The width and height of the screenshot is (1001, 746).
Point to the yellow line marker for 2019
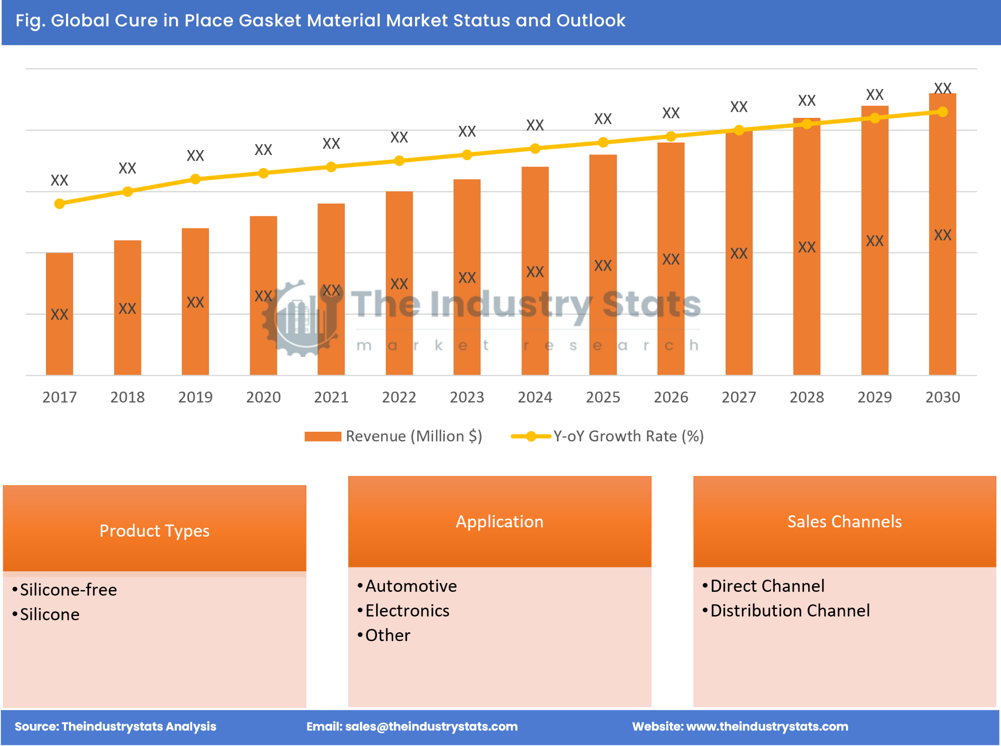click(x=195, y=179)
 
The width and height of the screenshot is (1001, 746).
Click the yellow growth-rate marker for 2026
click(x=670, y=136)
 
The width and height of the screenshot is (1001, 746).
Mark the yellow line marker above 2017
click(x=59, y=204)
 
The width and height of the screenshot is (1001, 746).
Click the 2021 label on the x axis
click(x=331, y=397)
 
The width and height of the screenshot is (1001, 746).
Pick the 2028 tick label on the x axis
click(x=806, y=397)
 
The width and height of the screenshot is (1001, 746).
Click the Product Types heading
click(x=154, y=531)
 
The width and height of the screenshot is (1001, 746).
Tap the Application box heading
click(x=500, y=521)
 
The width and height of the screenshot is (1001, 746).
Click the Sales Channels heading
click(x=845, y=521)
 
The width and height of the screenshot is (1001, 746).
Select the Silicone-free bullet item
click(x=68, y=590)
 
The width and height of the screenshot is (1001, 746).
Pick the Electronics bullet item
click(x=407, y=611)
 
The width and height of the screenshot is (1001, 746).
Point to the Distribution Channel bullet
click(x=790, y=611)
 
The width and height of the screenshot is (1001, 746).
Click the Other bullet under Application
click(x=388, y=636)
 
